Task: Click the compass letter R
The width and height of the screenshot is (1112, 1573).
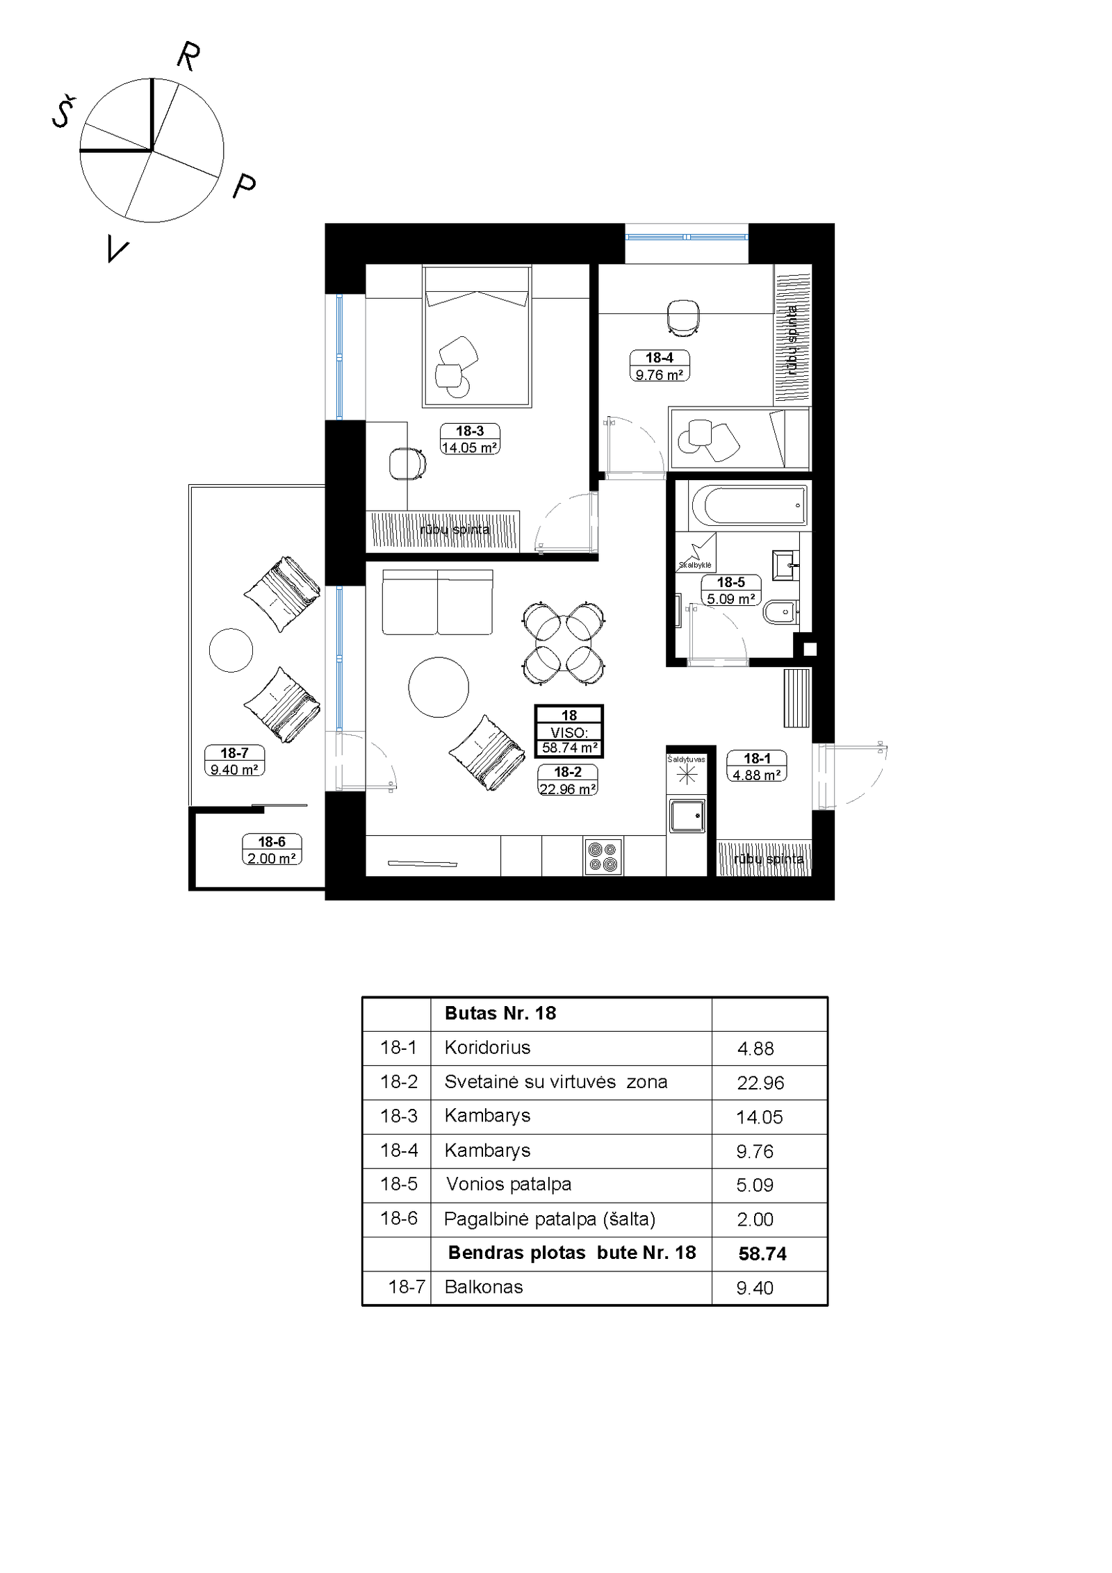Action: tap(188, 56)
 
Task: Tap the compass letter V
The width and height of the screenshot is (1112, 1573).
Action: tap(117, 248)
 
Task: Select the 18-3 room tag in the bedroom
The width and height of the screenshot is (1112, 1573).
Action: tap(470, 439)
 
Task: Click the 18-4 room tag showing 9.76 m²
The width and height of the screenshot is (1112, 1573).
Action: tap(659, 366)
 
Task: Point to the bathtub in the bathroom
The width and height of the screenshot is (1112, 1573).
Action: tap(749, 504)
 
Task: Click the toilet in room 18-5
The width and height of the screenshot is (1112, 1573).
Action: tap(781, 613)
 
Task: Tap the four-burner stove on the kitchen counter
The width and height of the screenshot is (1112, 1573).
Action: tap(603, 856)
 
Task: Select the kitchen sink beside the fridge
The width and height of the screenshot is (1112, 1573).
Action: tap(687, 816)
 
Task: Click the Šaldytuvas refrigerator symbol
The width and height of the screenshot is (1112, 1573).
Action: tap(687, 773)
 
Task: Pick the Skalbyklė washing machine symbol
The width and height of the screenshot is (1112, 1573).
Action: tap(696, 553)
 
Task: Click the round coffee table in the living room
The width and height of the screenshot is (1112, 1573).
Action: tap(439, 687)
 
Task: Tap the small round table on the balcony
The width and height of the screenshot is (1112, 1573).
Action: tap(231, 650)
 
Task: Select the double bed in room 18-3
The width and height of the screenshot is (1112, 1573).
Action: tap(477, 336)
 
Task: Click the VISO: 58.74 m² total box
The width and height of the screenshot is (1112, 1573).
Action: tap(569, 732)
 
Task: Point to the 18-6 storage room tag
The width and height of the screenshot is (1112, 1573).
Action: tap(272, 850)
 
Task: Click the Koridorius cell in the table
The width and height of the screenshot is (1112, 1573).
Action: tap(487, 1047)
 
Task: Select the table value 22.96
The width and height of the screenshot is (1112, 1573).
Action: tap(760, 1082)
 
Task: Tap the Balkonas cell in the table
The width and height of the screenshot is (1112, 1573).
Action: tap(484, 1287)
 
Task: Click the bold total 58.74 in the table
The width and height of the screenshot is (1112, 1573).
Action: tap(762, 1253)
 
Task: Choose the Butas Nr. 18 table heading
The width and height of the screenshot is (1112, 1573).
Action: tap(500, 1013)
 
